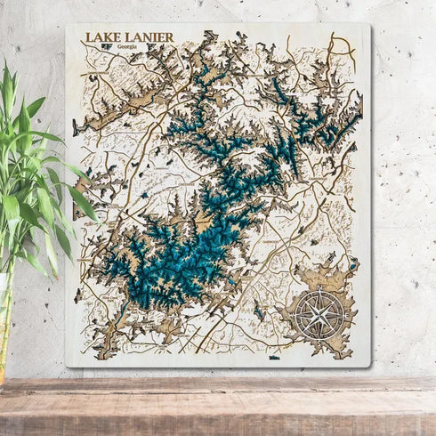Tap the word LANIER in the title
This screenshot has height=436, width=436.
[148, 37]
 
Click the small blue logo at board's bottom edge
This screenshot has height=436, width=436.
[274, 358]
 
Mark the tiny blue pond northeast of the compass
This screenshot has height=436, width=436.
[353, 263]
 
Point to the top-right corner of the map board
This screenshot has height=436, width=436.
[367, 26]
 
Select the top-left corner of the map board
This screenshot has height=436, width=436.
[69, 26]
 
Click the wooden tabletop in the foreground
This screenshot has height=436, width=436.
[218, 405]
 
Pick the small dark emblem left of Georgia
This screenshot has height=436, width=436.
[107, 47]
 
